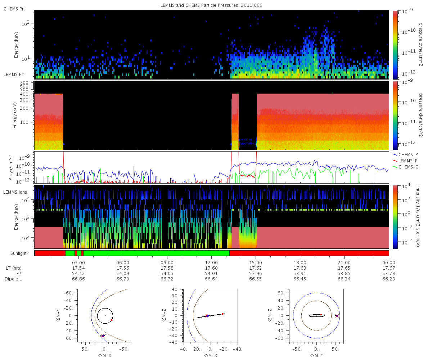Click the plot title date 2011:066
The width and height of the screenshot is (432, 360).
click(251, 5)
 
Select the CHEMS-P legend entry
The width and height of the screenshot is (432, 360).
click(405, 155)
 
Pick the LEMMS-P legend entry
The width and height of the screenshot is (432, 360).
click(405, 161)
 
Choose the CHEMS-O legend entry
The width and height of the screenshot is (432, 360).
click(405, 167)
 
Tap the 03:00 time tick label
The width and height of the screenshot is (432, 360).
click(78, 262)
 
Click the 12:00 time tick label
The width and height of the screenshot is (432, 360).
click(211, 262)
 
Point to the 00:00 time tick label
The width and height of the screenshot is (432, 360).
click(388, 262)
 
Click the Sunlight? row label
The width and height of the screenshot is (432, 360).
click(19, 253)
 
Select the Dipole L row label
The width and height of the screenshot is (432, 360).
click(13, 279)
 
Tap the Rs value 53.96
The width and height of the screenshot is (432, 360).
click(256, 273)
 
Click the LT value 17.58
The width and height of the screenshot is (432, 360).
click(167, 268)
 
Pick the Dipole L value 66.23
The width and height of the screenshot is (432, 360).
click(388, 279)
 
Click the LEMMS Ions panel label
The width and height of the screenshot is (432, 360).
click(15, 192)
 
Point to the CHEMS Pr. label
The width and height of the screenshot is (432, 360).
click(14, 9)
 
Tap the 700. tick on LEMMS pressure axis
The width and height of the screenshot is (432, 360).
click(24, 83)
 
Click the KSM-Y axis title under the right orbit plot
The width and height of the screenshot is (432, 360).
click(316, 355)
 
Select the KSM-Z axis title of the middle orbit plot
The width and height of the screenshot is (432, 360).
click(164, 316)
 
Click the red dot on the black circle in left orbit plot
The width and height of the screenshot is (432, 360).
click(112, 320)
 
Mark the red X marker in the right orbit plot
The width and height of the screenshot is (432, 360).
click(337, 316)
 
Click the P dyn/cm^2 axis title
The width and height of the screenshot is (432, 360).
click(11, 168)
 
